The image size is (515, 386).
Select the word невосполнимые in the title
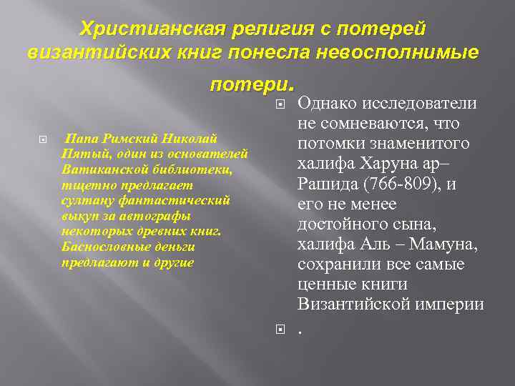tap(408, 54)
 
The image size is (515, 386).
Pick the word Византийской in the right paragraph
tap(353, 305)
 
